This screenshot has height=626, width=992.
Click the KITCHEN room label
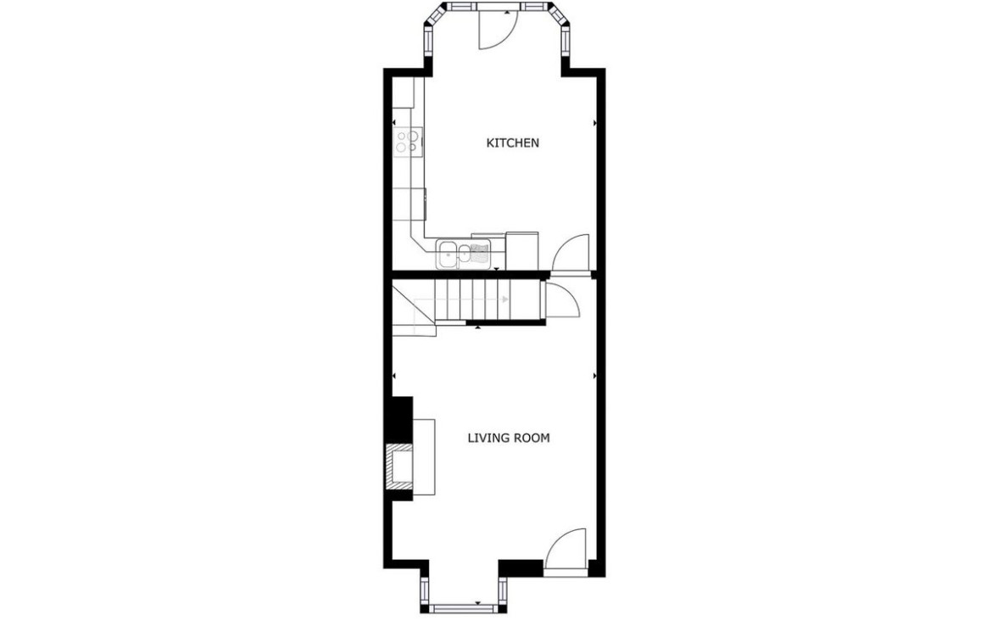pyautogui.click(x=512, y=143)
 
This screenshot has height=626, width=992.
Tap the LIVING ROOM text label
pyautogui.click(x=509, y=438)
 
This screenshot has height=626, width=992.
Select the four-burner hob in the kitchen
pyautogui.click(x=407, y=141)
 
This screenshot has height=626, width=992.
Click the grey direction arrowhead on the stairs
pyautogui.click(x=504, y=299)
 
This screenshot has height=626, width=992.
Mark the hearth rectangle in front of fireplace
pyautogui.click(x=423, y=456)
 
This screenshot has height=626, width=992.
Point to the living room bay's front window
pyautogui.click(x=463, y=609)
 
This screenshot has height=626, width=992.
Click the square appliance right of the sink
pyautogui.click(x=522, y=251)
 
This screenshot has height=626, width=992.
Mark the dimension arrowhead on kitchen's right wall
pyautogui.click(x=594, y=122)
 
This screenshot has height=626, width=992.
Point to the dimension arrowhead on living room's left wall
pyautogui.click(x=394, y=376)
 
